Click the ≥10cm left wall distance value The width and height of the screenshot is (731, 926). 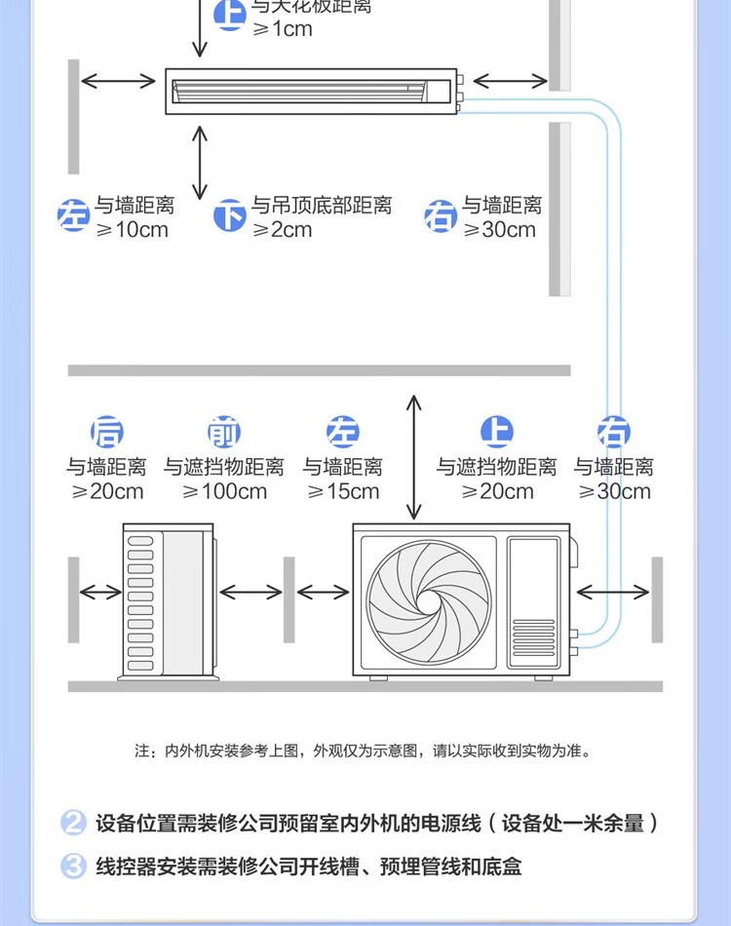pyautogui.click(x=132, y=230)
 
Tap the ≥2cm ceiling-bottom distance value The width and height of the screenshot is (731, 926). pyautogui.click(x=283, y=230)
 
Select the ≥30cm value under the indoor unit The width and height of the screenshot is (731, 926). pyautogui.click(x=499, y=230)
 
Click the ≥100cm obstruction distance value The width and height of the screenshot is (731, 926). pyautogui.click(x=224, y=491)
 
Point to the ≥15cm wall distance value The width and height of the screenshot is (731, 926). pyautogui.click(x=343, y=491)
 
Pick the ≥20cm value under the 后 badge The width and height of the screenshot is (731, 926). pyautogui.click(x=107, y=491)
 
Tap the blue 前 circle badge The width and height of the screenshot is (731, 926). pyautogui.click(x=224, y=432)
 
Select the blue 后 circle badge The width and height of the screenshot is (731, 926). pyautogui.click(x=107, y=432)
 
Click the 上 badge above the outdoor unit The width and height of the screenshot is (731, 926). pyautogui.click(x=497, y=432)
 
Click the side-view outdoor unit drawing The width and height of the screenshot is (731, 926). pyautogui.click(x=167, y=600)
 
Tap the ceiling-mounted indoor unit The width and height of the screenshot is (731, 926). pyautogui.click(x=312, y=92)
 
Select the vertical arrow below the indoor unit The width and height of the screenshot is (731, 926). pyautogui.click(x=201, y=162)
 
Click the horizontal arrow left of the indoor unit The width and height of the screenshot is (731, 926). pyautogui.click(x=118, y=80)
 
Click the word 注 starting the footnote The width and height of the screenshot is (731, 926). pyautogui.click(x=142, y=752)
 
